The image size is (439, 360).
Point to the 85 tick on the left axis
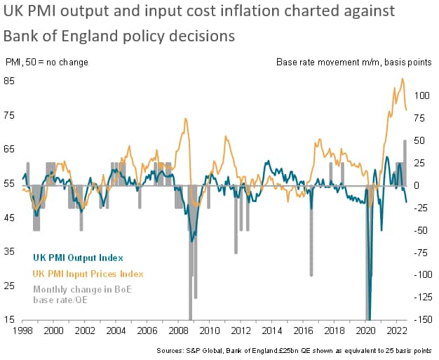(x=10, y=80)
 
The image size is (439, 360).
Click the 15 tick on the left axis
(x=10, y=320)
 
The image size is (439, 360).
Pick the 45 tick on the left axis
(x=10, y=218)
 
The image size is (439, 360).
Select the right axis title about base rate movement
(x=353, y=62)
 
